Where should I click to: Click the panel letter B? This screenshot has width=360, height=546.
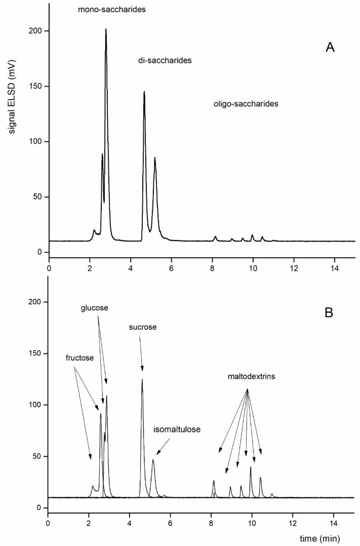330,313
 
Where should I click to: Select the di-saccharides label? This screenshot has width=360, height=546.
161,60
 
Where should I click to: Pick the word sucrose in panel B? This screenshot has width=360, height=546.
143,327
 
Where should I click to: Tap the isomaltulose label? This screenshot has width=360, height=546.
177,429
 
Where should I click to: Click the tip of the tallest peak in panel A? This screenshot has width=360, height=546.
106,29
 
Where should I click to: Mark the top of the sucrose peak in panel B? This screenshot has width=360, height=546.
142,379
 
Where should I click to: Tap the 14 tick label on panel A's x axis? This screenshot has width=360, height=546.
334,264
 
